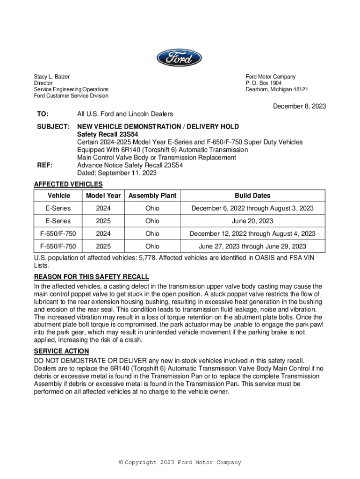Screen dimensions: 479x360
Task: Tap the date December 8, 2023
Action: [x=299, y=106]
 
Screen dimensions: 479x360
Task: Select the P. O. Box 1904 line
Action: [x=264, y=83]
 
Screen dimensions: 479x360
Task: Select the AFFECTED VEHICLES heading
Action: [x=68, y=184]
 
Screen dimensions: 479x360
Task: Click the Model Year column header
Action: [x=103, y=196]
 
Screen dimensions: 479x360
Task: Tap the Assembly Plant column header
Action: [x=152, y=196]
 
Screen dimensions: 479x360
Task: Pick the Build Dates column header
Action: [x=252, y=196]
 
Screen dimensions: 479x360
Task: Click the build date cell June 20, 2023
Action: [x=252, y=221]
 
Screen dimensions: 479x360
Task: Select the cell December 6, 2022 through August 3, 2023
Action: [x=252, y=208]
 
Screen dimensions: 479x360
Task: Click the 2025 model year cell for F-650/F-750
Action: [x=103, y=246]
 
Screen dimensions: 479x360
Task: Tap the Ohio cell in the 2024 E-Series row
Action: [x=152, y=208]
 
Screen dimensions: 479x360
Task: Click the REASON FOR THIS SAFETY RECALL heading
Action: [x=91, y=276]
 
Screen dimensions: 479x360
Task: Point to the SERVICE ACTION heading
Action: [x=61, y=351]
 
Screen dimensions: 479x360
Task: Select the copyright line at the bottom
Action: [x=180, y=463]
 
